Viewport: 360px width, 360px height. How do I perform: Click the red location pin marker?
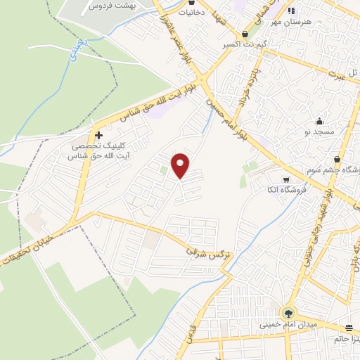pos(181,165)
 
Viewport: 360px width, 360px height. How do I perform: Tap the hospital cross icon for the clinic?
pos(98,135)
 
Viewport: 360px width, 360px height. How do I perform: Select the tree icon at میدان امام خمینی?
pos(288,312)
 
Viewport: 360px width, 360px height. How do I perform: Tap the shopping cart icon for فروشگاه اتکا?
pos(285,179)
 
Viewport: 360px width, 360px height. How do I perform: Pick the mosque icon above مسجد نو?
pos(319,121)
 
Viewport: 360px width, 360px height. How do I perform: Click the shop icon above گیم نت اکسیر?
pos(245,34)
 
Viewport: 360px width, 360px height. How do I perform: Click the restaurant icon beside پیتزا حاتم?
pos(349,328)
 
